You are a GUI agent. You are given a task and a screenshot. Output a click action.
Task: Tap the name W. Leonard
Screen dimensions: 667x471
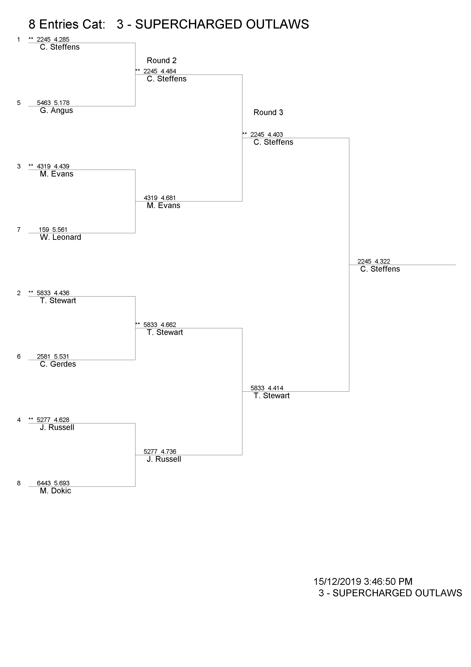coord(60,237)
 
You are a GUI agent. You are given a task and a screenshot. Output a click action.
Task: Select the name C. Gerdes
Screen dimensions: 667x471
coord(58,364)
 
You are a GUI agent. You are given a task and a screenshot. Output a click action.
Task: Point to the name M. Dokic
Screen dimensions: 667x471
coord(55,491)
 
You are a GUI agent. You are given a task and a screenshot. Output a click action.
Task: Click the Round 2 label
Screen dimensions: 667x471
coord(162,61)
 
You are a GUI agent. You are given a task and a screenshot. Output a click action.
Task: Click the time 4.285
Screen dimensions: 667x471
coord(62,40)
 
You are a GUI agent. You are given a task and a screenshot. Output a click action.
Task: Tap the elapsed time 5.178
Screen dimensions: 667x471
coord(62,103)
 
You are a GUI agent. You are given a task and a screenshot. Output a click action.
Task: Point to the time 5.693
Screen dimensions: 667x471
coord(62,483)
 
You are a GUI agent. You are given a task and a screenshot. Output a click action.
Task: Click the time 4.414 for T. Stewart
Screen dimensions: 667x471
coord(275,388)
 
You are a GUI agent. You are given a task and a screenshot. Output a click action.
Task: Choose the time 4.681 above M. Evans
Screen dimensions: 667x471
coord(168,198)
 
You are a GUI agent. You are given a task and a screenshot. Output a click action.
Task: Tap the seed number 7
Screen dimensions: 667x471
coord(19,230)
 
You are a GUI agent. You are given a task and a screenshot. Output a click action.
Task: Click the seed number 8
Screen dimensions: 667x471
coord(19,483)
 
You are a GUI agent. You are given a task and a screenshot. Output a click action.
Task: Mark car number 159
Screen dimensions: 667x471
coord(44,230)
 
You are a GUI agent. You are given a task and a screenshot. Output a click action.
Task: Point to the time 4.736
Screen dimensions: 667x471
coord(168,452)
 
